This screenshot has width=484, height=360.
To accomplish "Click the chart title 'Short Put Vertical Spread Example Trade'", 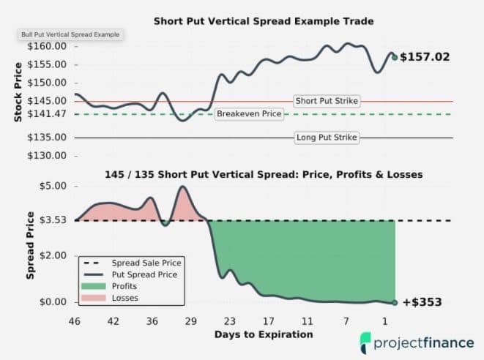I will (x=263, y=21).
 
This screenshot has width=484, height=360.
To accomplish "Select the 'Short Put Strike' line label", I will (x=327, y=101).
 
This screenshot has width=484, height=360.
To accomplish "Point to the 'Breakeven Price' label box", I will (x=249, y=115).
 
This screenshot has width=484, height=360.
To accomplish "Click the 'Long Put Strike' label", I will (x=327, y=138).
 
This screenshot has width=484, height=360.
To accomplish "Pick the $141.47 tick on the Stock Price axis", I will (x=48, y=114).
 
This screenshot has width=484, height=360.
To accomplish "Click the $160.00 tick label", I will (x=48, y=46).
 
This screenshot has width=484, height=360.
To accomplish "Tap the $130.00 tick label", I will (x=48, y=156).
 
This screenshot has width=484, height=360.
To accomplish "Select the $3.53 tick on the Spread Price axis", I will (x=53, y=220).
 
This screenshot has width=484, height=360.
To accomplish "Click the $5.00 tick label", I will (x=53, y=186).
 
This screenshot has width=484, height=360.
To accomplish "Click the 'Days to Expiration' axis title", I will (x=264, y=334).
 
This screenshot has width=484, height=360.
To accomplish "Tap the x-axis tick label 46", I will (x=74, y=321).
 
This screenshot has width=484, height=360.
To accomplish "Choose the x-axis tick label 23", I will (x=231, y=321).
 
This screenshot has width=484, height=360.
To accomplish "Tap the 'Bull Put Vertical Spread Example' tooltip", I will (x=71, y=34).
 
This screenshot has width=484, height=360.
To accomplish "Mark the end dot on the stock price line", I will (x=395, y=57).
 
